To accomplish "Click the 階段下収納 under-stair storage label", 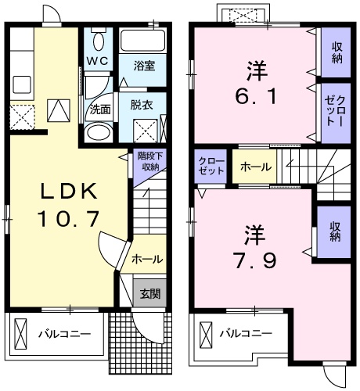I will coord(146,160).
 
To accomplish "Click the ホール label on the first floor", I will coord(146,259).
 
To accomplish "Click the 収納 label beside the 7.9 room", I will coord(336,231).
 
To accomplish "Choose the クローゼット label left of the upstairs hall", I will coord(211,166).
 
